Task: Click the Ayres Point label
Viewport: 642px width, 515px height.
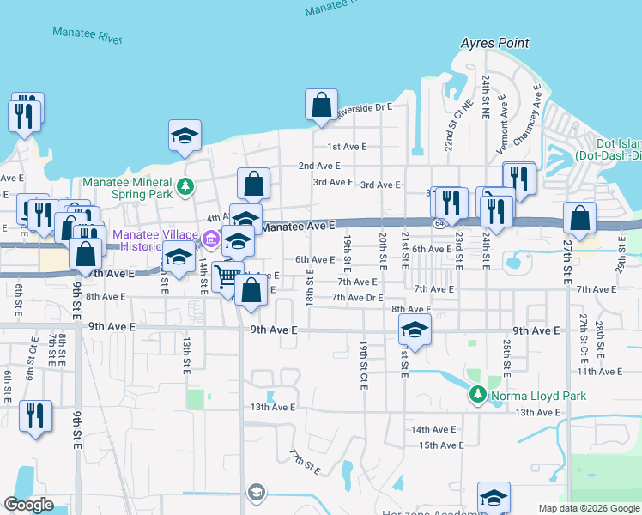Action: pos(494,43)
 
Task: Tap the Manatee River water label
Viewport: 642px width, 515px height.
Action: pos(87,34)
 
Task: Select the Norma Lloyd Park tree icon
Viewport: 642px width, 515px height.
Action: pos(478,396)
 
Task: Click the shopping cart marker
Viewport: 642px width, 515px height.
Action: pos(227,278)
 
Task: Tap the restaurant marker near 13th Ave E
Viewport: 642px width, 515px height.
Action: pos(34,417)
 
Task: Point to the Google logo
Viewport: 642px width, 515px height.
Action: pos(28,505)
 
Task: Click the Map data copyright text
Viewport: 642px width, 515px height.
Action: pos(589,508)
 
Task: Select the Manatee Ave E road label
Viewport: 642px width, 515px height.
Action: pos(297,226)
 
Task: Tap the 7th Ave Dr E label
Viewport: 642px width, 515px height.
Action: pos(356,298)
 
